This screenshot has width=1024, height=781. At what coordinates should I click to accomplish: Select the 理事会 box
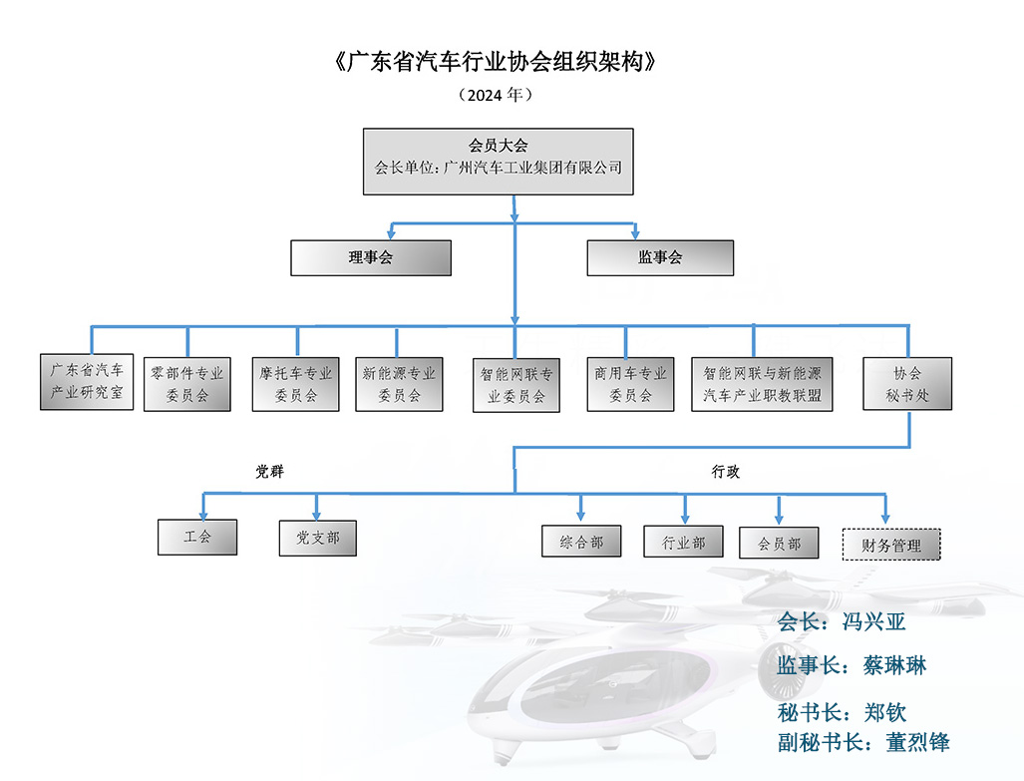371,257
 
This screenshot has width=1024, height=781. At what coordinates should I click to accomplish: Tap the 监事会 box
660,257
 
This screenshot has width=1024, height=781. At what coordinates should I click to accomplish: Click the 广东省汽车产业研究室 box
88,382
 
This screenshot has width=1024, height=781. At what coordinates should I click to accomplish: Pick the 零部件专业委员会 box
187,384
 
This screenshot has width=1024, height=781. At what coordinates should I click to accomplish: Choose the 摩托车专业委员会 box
296,384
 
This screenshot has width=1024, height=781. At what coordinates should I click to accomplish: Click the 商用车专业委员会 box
630,384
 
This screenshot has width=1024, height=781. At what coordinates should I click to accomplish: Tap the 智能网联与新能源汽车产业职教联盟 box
763,384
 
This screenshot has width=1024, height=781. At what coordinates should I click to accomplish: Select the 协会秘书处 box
907,384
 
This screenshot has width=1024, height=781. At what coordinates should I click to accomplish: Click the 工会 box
197,537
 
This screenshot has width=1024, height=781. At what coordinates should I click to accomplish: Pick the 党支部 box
317,537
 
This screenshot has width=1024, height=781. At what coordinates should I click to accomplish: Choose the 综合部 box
581,542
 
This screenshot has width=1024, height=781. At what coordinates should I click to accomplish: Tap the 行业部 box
684,542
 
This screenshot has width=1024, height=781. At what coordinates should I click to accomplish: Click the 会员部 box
779,543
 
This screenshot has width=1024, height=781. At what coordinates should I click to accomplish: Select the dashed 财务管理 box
891,545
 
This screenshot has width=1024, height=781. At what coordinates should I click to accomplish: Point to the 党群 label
269,471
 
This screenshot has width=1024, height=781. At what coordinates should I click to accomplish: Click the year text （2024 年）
496,95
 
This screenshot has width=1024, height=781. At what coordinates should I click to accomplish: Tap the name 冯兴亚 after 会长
869,622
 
